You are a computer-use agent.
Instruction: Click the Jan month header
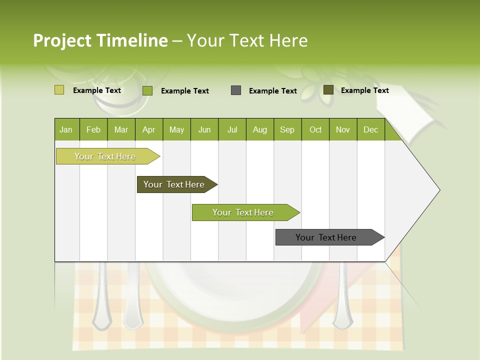tap(66, 129)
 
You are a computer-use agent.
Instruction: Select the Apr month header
tap(148, 129)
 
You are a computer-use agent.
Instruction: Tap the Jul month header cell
tap(232, 129)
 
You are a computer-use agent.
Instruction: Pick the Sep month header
tap(287, 129)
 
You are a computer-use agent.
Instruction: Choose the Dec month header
tap(370, 129)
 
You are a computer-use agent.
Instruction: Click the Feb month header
tap(93, 129)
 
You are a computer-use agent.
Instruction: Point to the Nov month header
tap(342, 129)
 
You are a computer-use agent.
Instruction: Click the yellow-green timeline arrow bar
tap(105, 156)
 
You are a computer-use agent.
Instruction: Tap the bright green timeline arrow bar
tap(243, 212)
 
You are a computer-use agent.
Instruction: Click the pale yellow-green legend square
tap(59, 90)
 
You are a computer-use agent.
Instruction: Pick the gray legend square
tap(236, 90)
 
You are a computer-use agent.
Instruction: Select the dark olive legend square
tap(328, 90)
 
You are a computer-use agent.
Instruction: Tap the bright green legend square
tap(147, 90)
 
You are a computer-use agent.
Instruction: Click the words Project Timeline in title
tap(100, 40)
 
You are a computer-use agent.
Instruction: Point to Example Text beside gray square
tap(272, 91)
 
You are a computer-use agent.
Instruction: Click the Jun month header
tap(204, 129)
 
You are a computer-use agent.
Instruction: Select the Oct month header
tap(315, 129)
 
